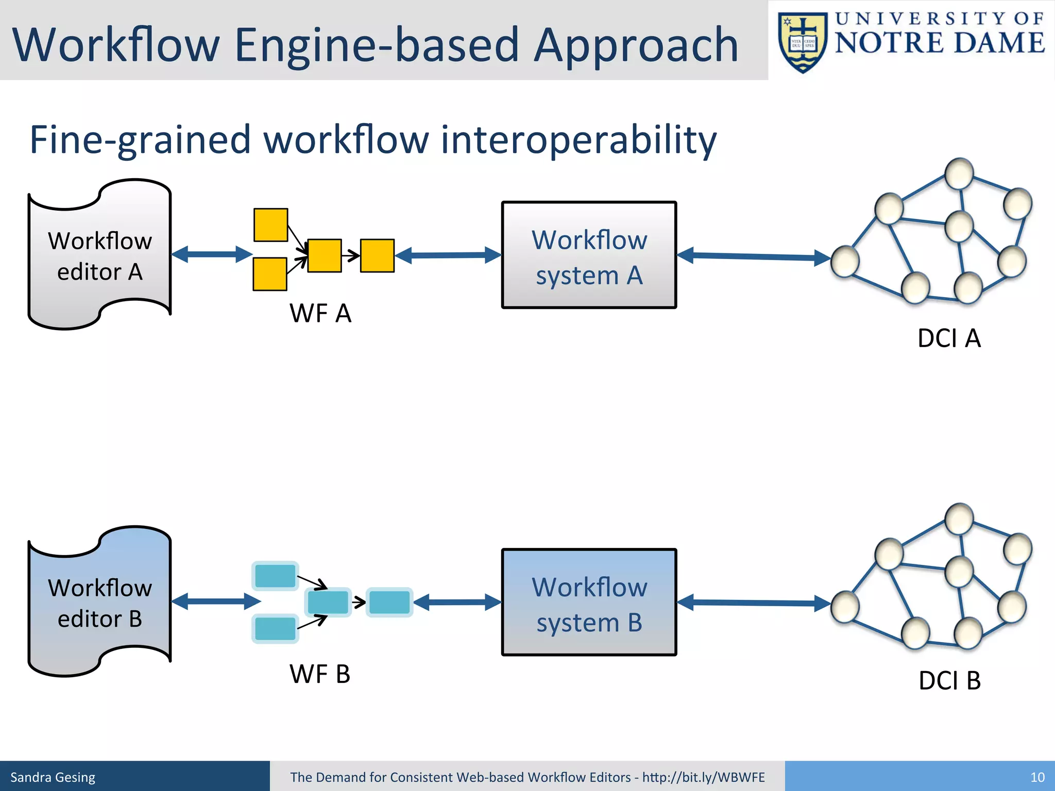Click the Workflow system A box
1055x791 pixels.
coord(589,255)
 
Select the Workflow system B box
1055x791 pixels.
coord(589,602)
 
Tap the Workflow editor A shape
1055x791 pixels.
coord(99,255)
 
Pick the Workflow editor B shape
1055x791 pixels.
coord(99,602)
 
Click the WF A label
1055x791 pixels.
coord(320,313)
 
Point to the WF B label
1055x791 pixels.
coord(319,674)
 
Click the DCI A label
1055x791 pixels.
coord(949,338)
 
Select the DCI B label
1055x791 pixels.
coord(949,680)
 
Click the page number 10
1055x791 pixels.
coord(1037,777)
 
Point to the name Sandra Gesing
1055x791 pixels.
coord(53,777)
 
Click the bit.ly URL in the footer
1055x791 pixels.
coord(703,777)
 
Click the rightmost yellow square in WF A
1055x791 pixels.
coord(377,255)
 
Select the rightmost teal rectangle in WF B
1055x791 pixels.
coord(389,602)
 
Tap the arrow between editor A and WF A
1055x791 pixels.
coord(212,254)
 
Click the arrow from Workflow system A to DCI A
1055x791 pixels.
coord(754,256)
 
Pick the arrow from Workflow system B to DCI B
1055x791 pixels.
coord(754,603)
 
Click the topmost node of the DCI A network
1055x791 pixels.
coord(959,174)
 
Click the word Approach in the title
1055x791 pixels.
coord(636,45)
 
